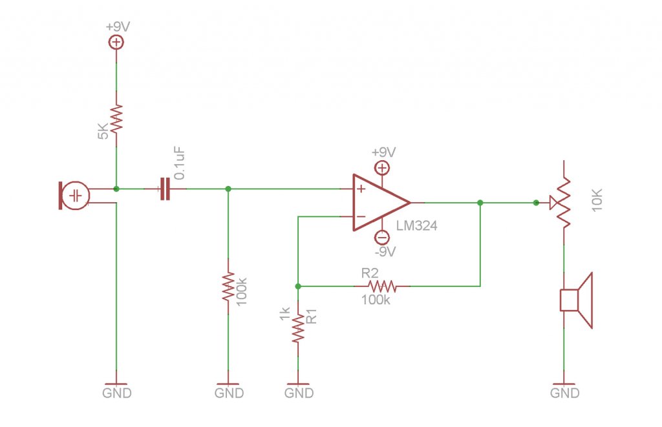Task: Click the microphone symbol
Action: click(x=74, y=195)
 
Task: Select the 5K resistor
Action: click(x=116, y=119)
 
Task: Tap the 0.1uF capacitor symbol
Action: click(x=165, y=189)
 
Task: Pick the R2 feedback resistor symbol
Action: click(x=382, y=286)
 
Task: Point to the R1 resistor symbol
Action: click(x=298, y=328)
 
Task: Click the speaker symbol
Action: click(x=576, y=300)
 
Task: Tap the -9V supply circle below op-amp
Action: click(x=382, y=238)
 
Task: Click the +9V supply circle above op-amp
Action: click(x=382, y=169)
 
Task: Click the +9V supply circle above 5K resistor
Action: click(x=116, y=42)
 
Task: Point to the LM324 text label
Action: click(x=417, y=225)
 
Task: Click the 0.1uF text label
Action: click(x=180, y=163)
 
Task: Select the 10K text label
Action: click(x=597, y=200)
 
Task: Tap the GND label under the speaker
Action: click(x=564, y=393)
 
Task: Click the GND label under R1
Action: click(x=299, y=393)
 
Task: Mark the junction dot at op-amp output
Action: click(x=480, y=203)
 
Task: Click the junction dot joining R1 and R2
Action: click(x=298, y=286)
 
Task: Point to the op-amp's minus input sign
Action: click(x=361, y=216)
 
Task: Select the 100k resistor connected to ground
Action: click(x=228, y=286)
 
